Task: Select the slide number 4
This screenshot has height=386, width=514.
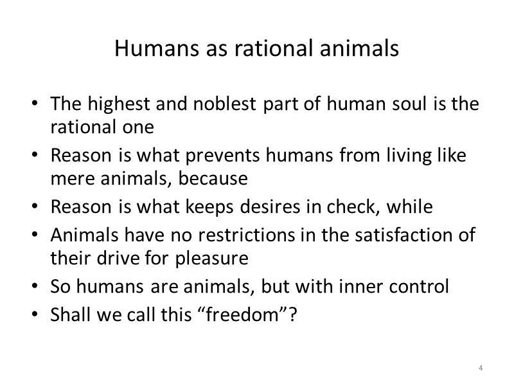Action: click(x=480, y=367)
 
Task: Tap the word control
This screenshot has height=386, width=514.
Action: click(x=417, y=287)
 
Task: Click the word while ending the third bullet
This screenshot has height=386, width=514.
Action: click(x=415, y=207)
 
